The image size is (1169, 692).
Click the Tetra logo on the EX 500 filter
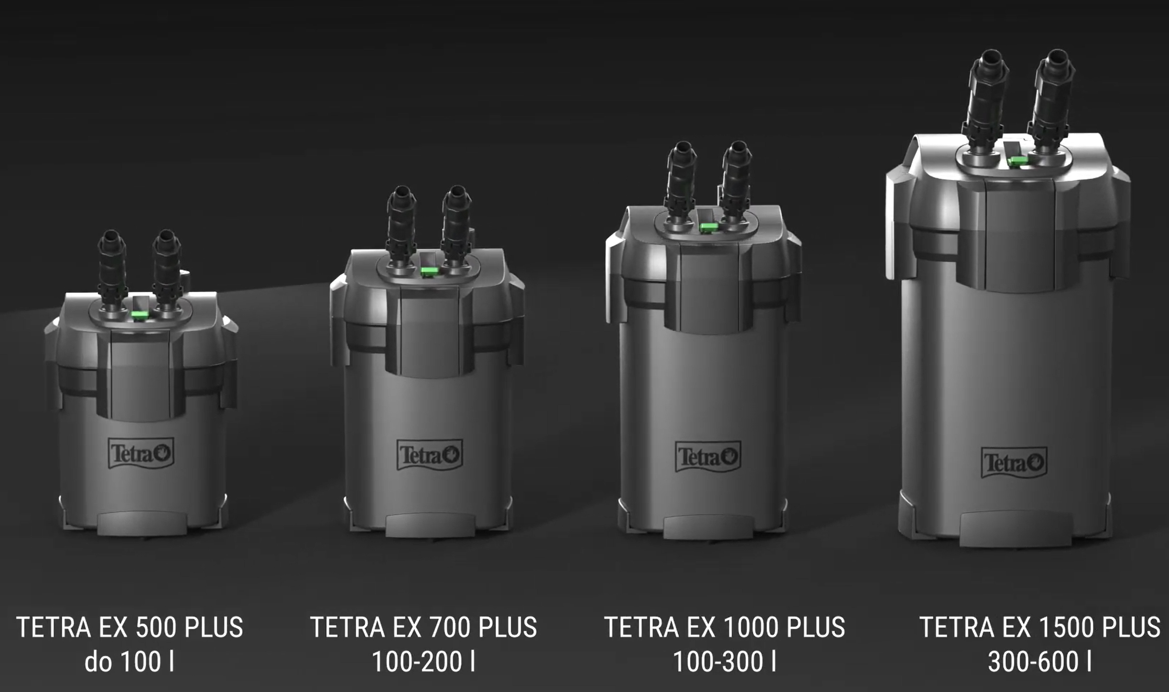(x=141, y=453)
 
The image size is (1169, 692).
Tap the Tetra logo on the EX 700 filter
(x=430, y=454)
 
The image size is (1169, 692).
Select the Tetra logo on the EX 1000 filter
(x=708, y=456)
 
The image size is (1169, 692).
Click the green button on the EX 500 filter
(x=140, y=314)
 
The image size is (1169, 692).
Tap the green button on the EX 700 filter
(x=430, y=272)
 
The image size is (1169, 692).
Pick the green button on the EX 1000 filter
(x=709, y=227)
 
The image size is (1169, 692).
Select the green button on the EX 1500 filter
(x=1018, y=161)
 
